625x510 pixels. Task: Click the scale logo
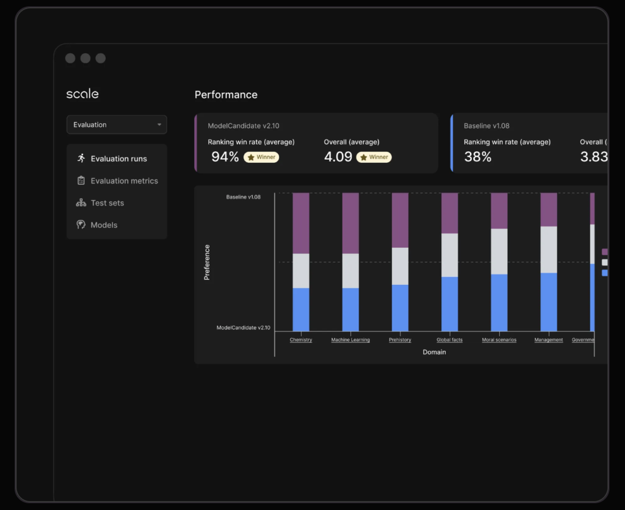tap(82, 94)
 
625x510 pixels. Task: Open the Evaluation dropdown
tap(117, 124)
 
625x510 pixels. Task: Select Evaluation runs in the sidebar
tap(118, 159)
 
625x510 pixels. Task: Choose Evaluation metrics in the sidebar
tap(124, 181)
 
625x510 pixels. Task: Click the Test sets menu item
tap(107, 203)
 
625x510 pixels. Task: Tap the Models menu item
tap(104, 224)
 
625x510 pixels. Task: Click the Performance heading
tap(226, 95)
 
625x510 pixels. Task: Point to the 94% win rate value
tap(225, 157)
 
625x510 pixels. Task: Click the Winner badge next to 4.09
tap(374, 157)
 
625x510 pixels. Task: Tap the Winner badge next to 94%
tap(261, 157)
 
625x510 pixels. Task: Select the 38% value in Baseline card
tap(477, 157)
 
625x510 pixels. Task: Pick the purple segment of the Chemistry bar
tap(301, 223)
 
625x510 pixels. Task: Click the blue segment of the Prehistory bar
tap(400, 307)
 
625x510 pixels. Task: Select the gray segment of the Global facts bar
tap(450, 255)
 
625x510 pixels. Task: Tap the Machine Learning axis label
tap(350, 340)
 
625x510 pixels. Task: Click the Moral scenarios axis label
tap(499, 340)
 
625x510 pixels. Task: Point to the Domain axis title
tap(434, 352)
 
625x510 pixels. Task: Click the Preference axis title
tap(207, 262)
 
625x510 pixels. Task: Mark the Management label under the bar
tap(549, 340)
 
